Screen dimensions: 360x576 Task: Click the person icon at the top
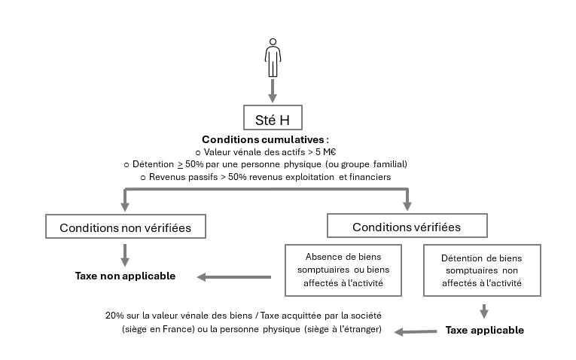pos(273,58)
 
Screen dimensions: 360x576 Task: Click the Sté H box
pos(273,117)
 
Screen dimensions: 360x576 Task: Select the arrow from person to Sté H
pos(273,90)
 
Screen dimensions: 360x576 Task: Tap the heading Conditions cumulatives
pos(265,139)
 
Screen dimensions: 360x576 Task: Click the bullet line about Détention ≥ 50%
pos(266,164)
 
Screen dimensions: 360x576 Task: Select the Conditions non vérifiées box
pos(125,227)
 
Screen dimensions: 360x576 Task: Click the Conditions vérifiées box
pos(407,226)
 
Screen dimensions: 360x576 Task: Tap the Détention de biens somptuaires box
pos(483,270)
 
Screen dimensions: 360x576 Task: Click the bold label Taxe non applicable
pos(125,276)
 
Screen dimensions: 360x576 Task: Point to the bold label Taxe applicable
pos(484,330)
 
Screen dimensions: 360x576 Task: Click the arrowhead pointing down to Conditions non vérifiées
pos(125,204)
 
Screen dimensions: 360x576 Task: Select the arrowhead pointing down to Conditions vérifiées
pos(407,204)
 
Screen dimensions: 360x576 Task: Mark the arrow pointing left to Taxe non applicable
pos(233,277)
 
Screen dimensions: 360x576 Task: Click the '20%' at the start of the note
pos(114,316)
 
